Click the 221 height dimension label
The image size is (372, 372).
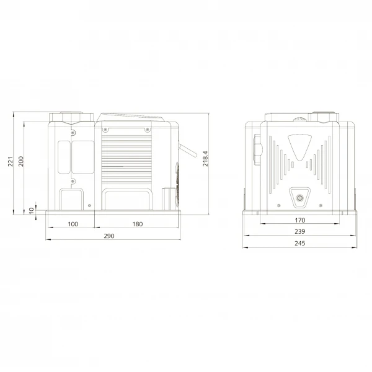coord(11,162)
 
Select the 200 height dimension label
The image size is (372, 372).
coord(21,161)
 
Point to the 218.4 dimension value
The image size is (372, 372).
coord(205,159)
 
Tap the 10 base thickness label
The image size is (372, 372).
coord(32,210)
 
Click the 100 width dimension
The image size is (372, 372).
coord(73,224)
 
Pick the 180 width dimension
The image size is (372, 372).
coord(138,224)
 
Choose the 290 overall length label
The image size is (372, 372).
coord(109,236)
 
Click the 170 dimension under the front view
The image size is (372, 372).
coord(299,220)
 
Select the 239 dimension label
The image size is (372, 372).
coord(299,231)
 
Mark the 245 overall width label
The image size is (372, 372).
coord(299,243)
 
